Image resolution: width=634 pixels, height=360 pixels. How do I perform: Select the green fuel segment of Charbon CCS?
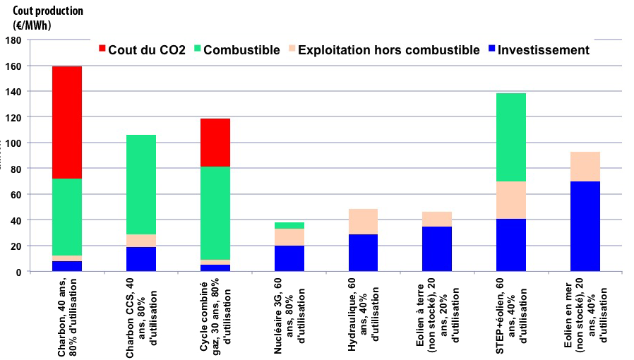pyautogui.click(x=141, y=184)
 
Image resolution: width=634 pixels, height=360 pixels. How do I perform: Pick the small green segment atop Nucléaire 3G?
pyautogui.click(x=289, y=226)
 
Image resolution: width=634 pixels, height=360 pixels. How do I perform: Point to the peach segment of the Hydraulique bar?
pyautogui.click(x=363, y=222)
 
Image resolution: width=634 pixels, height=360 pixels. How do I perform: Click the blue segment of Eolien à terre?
pyautogui.click(x=437, y=248)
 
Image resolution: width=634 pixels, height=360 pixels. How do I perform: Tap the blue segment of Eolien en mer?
pyautogui.click(x=585, y=226)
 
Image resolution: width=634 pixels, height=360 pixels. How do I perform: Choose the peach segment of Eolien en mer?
pyautogui.click(x=585, y=167)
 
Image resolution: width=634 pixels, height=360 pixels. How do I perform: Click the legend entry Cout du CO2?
pyautogui.click(x=142, y=50)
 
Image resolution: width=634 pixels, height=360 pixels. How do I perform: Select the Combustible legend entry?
pyautogui.click(x=237, y=50)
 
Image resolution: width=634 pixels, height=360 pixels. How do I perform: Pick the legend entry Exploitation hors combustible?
pyautogui.click(x=384, y=50)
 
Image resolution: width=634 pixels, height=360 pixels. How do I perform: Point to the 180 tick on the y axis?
pyautogui.click(x=13, y=40)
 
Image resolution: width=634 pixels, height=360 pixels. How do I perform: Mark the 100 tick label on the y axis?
pyautogui.click(x=13, y=143)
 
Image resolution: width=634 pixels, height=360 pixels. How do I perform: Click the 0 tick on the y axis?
pyautogui.click(x=18, y=272)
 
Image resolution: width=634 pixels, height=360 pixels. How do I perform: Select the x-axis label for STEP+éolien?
pyautogui.click(x=510, y=316)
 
